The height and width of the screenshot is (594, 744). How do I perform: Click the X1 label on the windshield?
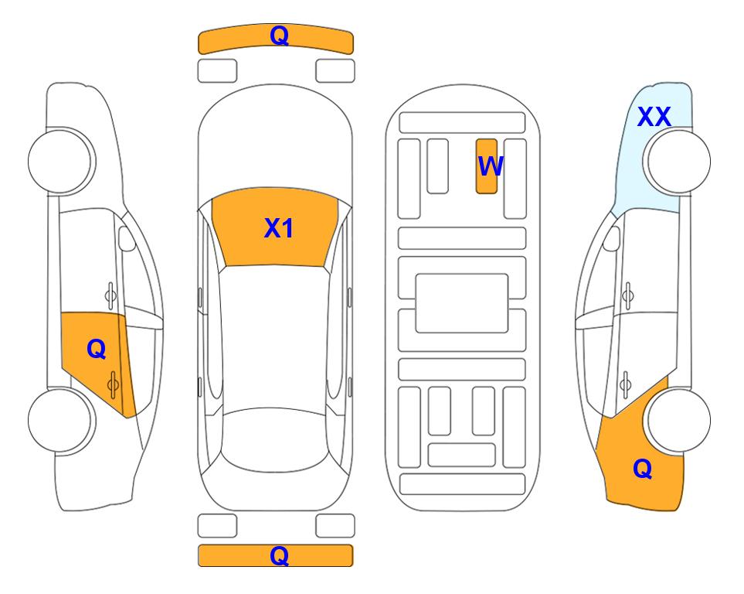click(279, 228)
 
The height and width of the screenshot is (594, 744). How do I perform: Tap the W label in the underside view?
click(490, 166)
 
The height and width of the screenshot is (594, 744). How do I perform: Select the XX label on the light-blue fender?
click(654, 117)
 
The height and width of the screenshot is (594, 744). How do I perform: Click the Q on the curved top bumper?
click(279, 36)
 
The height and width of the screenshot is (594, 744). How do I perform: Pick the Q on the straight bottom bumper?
click(279, 555)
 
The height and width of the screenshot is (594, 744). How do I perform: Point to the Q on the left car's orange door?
click(97, 350)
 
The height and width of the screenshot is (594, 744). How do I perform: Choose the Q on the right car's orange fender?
click(643, 469)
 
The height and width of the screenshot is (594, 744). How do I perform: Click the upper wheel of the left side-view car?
click(61, 161)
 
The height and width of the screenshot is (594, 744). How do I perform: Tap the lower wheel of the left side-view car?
click(61, 421)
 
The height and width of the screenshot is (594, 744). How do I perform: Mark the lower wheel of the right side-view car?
click(678, 421)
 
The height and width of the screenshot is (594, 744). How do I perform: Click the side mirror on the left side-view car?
click(126, 238)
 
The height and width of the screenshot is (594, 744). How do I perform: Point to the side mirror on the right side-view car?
click(612, 238)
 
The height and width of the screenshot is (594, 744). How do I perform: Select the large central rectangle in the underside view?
click(462, 303)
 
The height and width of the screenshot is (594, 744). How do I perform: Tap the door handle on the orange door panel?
click(113, 384)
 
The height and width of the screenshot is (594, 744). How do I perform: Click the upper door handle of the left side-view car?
click(110, 295)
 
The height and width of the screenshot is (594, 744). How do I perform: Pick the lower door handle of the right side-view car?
click(625, 384)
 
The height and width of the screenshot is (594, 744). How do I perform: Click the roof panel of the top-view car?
click(274, 337)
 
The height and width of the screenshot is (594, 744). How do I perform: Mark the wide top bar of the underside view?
click(462, 123)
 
